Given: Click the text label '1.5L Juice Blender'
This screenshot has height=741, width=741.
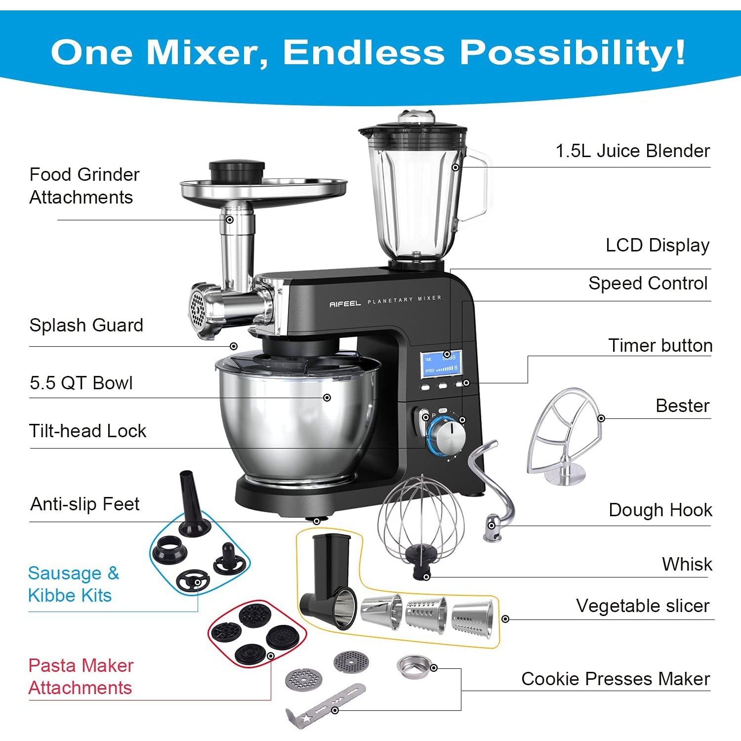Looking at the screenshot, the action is tap(633, 151).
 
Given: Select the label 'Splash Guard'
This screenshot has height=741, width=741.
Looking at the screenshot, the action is tap(86, 325).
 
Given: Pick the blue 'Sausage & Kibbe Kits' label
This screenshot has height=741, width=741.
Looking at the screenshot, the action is tap(74, 584).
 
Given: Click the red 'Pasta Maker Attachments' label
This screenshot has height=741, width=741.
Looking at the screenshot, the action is tap(81, 676).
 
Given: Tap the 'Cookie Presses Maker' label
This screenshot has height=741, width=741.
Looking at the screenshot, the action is tap(616, 679).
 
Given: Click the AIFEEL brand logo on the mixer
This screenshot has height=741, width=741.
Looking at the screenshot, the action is tap(345, 304).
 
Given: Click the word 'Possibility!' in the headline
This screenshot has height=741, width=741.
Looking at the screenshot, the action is tap(573, 51).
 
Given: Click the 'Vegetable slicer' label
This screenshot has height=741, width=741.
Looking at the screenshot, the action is tap(642, 606).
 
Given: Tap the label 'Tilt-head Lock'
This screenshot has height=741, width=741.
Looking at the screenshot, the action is tap(87, 431).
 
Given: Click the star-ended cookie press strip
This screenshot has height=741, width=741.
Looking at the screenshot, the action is tap(325, 705).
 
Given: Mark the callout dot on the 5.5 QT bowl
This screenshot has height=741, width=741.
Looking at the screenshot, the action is tap(327, 398).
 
